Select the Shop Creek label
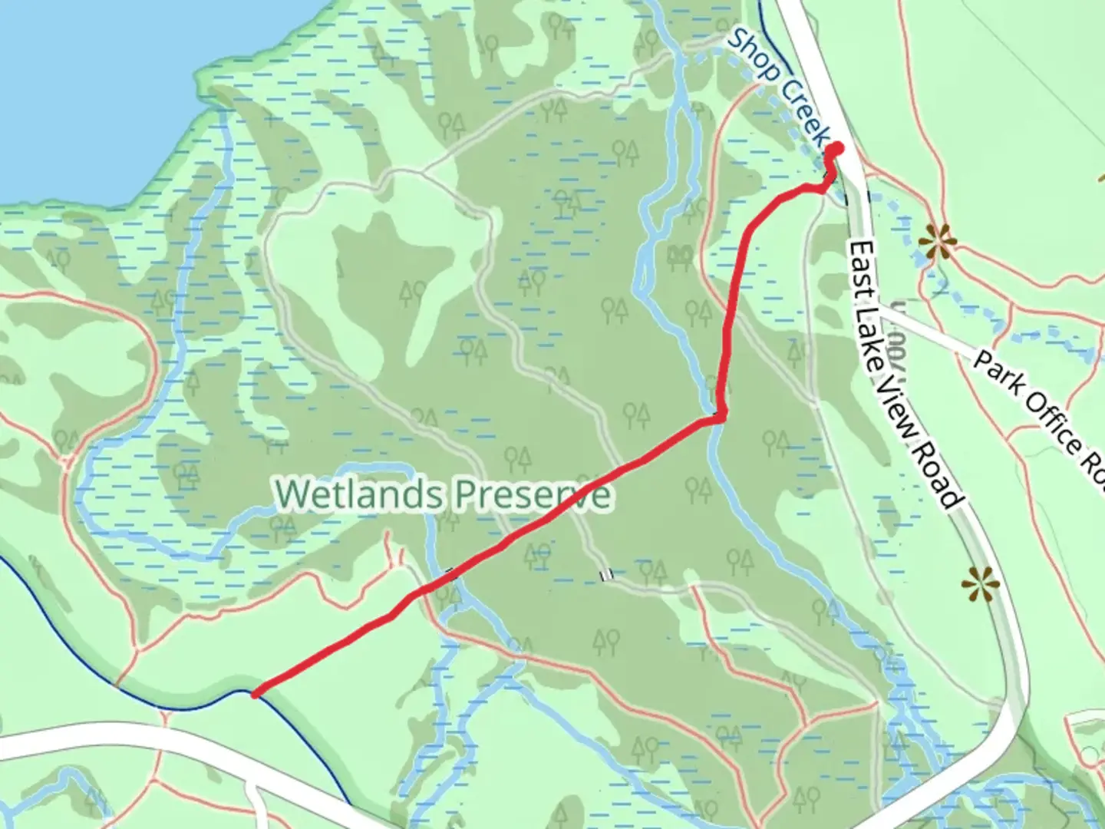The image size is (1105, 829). (x=779, y=86)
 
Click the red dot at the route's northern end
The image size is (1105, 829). (x=836, y=149)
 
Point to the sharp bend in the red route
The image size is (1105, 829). (x=720, y=417)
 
